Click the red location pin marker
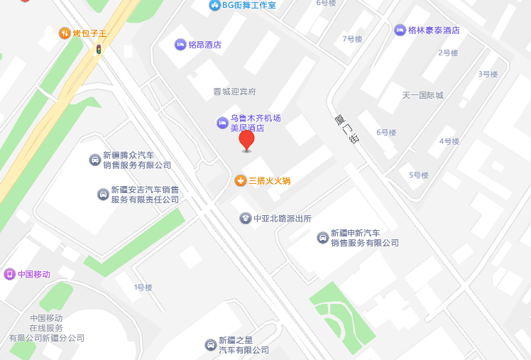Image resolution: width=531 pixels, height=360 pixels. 246,139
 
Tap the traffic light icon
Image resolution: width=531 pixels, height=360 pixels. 99,49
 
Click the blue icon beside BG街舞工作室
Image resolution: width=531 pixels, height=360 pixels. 214,6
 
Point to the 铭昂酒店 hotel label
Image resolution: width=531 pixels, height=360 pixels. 204,45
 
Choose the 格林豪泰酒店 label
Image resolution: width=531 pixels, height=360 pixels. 434,30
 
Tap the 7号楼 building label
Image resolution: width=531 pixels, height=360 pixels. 352,39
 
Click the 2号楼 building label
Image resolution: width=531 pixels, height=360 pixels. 448,53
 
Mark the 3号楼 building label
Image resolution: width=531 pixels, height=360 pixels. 488,74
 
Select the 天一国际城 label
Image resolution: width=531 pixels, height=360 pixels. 422,95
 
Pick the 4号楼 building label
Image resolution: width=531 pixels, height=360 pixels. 449,141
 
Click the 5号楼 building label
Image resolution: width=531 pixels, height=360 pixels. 419,175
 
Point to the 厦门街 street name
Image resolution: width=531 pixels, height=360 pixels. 346,130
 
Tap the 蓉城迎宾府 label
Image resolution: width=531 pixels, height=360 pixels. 234,92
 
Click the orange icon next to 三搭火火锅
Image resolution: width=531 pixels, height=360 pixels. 241,180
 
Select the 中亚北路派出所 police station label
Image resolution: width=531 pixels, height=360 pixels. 283,219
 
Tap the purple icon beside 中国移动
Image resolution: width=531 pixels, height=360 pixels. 9,274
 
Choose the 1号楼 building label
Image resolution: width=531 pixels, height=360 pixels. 143,288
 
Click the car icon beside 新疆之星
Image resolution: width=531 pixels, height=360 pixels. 210,345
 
